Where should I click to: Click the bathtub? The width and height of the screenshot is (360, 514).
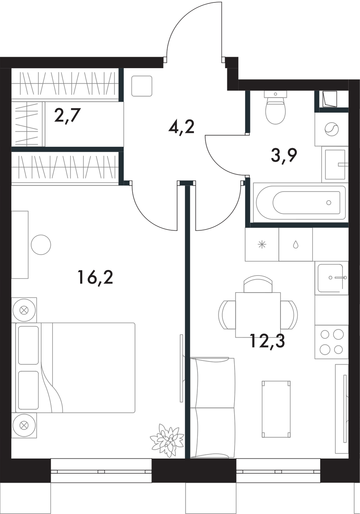tap(300, 203)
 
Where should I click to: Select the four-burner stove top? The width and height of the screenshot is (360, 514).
tap(331, 342)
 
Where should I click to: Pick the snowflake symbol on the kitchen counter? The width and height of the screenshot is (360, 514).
tap(262, 245)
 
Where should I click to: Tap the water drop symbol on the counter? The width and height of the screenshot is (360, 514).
tap(296, 245)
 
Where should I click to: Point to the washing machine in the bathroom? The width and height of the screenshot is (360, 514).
tap(331, 129)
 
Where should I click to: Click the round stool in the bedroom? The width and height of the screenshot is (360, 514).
tap(41, 245)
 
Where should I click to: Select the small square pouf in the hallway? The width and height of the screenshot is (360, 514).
tap(142, 86)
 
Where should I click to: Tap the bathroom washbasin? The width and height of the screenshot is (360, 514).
tap(335, 165)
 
